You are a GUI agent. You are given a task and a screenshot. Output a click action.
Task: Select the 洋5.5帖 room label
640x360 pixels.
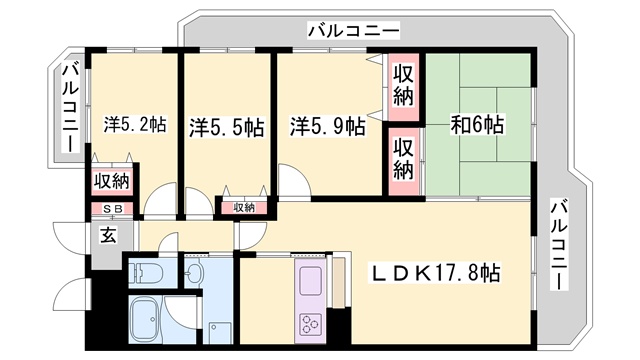226,127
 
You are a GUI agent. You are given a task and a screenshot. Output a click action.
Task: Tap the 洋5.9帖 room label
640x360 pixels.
327,127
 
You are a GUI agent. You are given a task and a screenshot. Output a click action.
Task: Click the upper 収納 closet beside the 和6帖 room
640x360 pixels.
404,85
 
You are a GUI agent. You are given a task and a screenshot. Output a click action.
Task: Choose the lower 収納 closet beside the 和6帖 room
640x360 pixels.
403,159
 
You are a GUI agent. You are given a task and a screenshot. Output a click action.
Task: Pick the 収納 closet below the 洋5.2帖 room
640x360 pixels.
111,182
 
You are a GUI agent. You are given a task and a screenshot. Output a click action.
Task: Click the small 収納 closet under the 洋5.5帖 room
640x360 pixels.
244,207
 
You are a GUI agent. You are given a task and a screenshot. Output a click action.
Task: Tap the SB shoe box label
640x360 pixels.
111,208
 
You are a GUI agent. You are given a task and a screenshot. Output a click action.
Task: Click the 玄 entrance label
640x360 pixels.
107,236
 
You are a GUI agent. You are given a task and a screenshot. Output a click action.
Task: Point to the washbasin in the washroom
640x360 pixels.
195,271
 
